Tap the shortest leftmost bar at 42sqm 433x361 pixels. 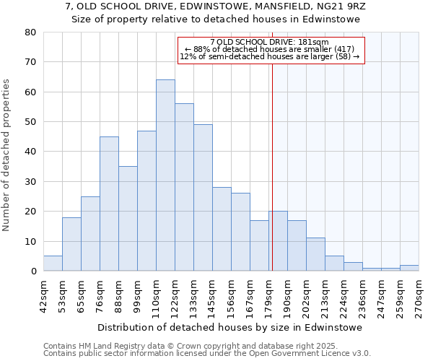53,264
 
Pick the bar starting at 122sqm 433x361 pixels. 184,187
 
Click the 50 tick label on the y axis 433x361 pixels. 30,122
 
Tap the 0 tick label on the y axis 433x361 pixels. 33,271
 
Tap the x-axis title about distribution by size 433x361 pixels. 229,327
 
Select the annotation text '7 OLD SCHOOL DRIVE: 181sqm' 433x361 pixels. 270,42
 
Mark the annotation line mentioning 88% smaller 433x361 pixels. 270,49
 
